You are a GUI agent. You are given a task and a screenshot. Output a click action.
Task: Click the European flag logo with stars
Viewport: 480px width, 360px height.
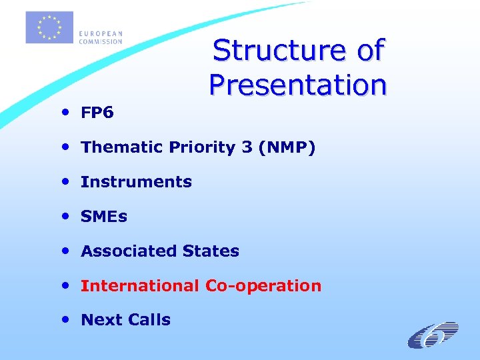tap(49, 28)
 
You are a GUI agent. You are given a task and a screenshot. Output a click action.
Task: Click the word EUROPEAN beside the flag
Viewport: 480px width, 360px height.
tap(101, 34)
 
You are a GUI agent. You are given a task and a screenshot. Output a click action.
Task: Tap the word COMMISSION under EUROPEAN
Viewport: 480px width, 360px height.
tap(101, 41)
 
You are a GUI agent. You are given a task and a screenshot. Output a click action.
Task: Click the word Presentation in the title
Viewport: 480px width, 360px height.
tap(297, 85)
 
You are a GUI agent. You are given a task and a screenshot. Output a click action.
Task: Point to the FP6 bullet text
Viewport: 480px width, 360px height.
tap(97, 113)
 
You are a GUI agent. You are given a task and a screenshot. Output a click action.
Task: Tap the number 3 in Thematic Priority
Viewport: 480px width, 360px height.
tap(247, 147)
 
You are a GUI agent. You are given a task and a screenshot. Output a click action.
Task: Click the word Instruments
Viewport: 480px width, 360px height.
tap(136, 182)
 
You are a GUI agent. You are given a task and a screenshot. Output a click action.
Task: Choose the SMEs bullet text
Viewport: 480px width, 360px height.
tap(103, 217)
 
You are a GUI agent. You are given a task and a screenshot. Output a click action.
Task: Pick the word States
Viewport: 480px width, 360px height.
tap(211, 251)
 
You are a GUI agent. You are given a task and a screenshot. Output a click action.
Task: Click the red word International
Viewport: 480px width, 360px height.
tap(139, 286)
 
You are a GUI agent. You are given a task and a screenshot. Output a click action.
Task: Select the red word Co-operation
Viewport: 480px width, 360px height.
tap(263, 286)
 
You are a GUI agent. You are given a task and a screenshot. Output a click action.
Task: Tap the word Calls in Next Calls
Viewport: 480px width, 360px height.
tap(150, 320)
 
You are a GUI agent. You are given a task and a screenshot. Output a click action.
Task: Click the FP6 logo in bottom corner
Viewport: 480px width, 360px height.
tap(433, 335)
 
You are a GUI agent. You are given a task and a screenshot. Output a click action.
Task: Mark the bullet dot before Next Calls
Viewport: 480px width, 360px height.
tap(69, 320)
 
